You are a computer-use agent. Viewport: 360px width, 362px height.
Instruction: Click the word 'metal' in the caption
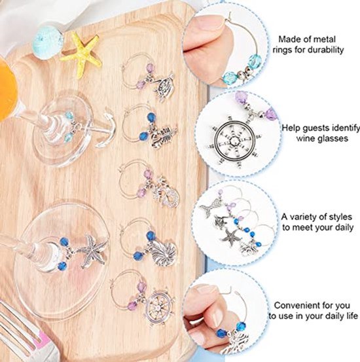tap(325, 39)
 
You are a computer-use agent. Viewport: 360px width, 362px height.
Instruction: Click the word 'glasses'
tap(334, 139)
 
